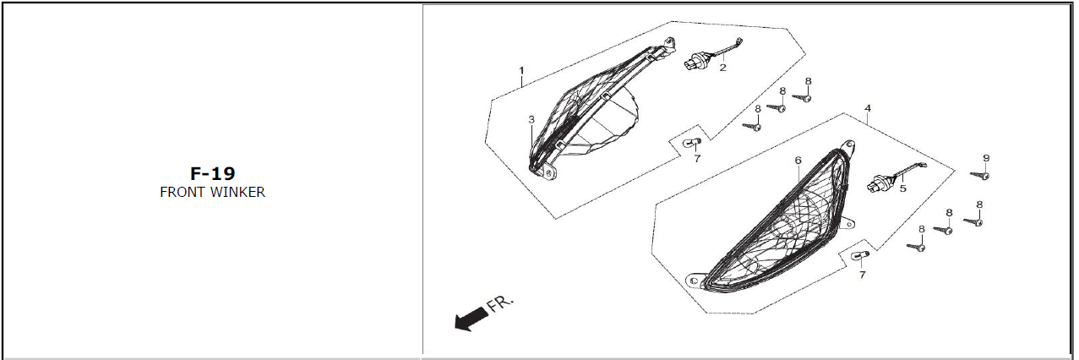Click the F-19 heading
pyautogui.click(x=212, y=173)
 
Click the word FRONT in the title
pyautogui.click(x=182, y=192)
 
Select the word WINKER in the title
pyautogui.click(x=238, y=192)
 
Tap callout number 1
pyautogui.click(x=521, y=70)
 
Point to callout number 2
pyautogui.click(x=722, y=68)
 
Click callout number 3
pyautogui.click(x=531, y=119)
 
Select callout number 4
pyautogui.click(x=868, y=108)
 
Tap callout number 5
pyautogui.click(x=902, y=188)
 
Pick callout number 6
pyautogui.click(x=798, y=160)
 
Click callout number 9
pyautogui.click(x=986, y=158)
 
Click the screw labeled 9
pyautogui.click(x=980, y=176)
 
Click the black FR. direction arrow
pyautogui.click(x=471, y=319)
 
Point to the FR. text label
pyautogui.click(x=499, y=303)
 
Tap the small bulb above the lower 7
pyautogui.click(x=860, y=255)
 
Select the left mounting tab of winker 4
pyautogui.click(x=694, y=281)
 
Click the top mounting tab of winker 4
pyautogui.click(x=848, y=145)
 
